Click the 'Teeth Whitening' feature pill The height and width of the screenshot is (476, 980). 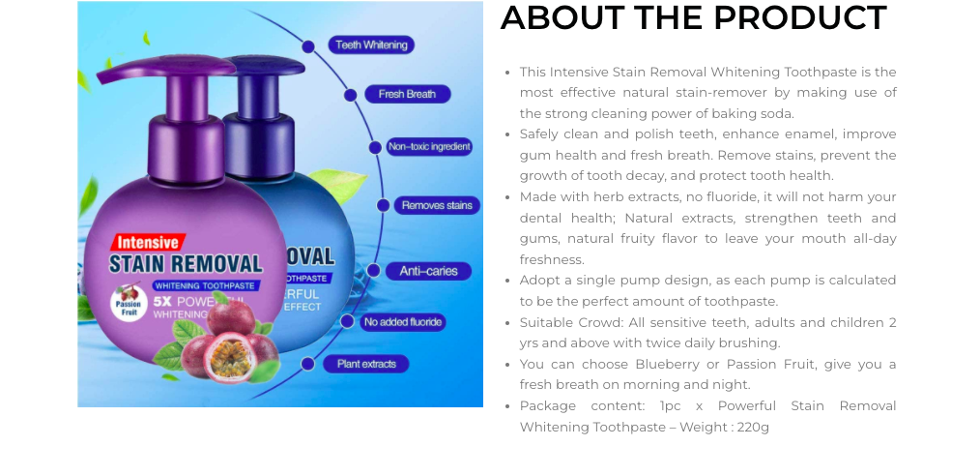(371, 45)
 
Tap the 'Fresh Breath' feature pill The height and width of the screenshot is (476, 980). (407, 95)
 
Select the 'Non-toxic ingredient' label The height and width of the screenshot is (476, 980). (429, 147)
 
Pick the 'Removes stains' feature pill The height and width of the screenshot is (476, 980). (437, 205)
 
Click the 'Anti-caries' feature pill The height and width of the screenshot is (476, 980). (428, 271)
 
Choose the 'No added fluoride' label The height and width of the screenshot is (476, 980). (402, 322)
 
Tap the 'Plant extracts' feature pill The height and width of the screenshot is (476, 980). (366, 364)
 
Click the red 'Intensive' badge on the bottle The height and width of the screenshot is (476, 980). (148, 242)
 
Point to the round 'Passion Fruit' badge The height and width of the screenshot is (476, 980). (129, 303)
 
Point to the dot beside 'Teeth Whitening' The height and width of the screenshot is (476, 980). (308, 46)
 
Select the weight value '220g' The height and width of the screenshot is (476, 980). (753, 428)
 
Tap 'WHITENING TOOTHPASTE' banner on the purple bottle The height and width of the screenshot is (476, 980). (204, 285)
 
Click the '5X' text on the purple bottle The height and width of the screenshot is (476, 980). (161, 302)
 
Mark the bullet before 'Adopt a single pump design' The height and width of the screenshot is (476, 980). (508, 281)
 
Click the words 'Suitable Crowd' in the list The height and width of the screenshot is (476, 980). (569, 323)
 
